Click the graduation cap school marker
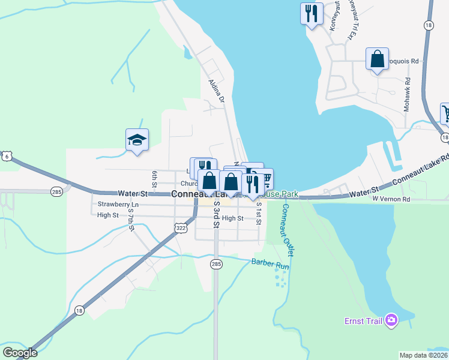[x=137, y=140]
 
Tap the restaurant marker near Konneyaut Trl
[x=312, y=13]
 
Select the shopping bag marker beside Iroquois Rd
[x=377, y=59]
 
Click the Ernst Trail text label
[x=363, y=321]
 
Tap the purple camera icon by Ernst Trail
[x=391, y=321]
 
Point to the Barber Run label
[x=270, y=262]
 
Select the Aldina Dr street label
[x=215, y=91]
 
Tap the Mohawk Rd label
[x=407, y=89]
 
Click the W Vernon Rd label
[x=390, y=198]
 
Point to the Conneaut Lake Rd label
[x=420, y=171]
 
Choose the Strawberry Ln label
[x=118, y=205]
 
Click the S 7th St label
[x=130, y=223]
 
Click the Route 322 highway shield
[x=181, y=228]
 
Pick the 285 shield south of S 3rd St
[x=217, y=264]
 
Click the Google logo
[x=19, y=353]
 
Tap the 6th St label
[x=154, y=178]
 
